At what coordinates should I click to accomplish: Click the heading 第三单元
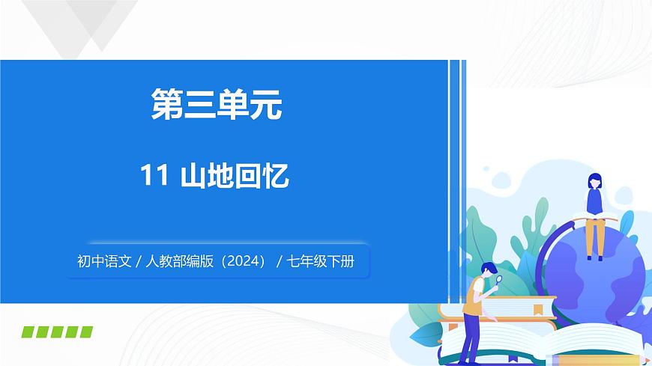pos(217,106)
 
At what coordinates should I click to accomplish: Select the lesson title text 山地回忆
pos(235,177)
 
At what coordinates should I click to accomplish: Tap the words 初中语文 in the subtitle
pos(103,262)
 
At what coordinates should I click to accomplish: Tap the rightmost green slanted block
pos(85,332)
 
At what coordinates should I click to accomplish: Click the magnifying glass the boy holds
pos(498,280)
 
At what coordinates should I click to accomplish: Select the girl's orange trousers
pos(595,235)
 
